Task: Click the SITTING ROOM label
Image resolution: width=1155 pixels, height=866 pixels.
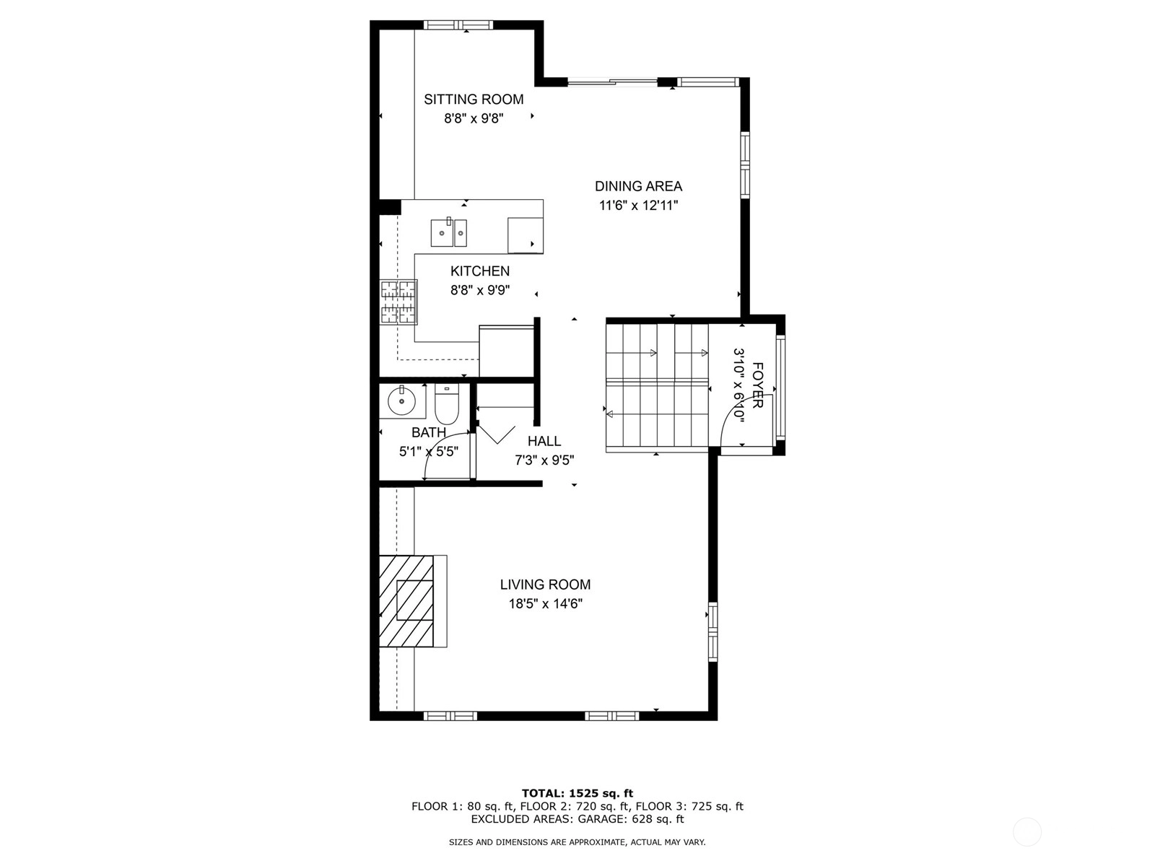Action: (474, 100)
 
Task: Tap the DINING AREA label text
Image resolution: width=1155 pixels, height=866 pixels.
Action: (638, 186)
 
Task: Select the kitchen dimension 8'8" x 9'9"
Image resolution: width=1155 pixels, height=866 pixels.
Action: (480, 290)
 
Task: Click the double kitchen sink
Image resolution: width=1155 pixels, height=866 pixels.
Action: (449, 232)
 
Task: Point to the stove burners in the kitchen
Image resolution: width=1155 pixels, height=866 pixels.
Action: (398, 302)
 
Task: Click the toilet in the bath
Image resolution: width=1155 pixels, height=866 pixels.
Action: (447, 404)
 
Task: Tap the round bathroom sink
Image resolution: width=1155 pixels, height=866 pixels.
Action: (402, 401)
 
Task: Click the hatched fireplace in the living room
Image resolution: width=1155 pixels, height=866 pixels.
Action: (406, 602)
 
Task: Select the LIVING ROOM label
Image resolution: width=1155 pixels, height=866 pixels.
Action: (545, 585)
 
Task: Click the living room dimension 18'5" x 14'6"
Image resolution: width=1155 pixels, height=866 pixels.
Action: (545, 604)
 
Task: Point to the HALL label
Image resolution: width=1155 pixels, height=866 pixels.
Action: (544, 441)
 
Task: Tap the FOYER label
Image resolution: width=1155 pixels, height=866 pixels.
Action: (757, 385)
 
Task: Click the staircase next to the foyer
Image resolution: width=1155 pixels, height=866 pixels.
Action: (657, 386)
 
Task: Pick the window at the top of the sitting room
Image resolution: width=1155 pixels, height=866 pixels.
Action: (458, 25)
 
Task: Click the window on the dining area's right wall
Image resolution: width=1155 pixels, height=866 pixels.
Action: (745, 165)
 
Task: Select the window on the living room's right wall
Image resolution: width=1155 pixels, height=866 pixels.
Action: (713, 631)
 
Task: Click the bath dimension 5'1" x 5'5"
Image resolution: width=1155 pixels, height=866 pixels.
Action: (429, 452)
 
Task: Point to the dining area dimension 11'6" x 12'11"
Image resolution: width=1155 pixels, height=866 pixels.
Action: (638, 206)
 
